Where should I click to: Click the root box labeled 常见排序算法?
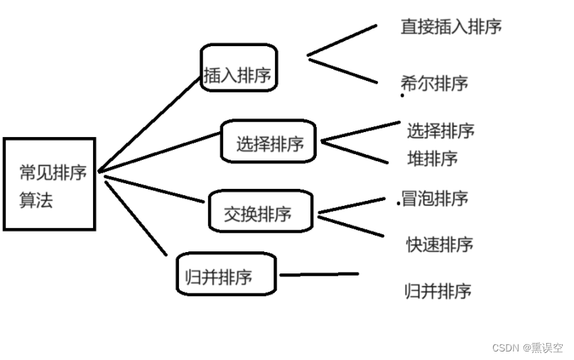click(x=49, y=184)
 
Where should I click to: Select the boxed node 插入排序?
click(x=238, y=68)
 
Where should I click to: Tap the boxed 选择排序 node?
click(x=269, y=141)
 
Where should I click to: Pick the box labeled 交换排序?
click(x=260, y=211)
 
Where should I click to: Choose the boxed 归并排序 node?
click(x=225, y=275)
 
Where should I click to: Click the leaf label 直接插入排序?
click(x=451, y=27)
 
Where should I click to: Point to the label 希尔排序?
click(x=435, y=83)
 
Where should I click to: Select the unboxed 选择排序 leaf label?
click(x=440, y=131)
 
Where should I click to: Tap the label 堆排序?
click(x=432, y=158)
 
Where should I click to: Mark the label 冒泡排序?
click(x=435, y=199)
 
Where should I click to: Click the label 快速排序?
click(x=439, y=244)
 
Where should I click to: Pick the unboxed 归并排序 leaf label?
click(x=438, y=290)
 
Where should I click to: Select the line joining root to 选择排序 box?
click(x=160, y=152)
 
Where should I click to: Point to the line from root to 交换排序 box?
click(x=153, y=188)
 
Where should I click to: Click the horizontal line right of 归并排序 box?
click(x=319, y=274)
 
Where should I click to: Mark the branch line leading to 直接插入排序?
click(x=342, y=40)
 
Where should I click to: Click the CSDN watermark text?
click(x=526, y=348)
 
